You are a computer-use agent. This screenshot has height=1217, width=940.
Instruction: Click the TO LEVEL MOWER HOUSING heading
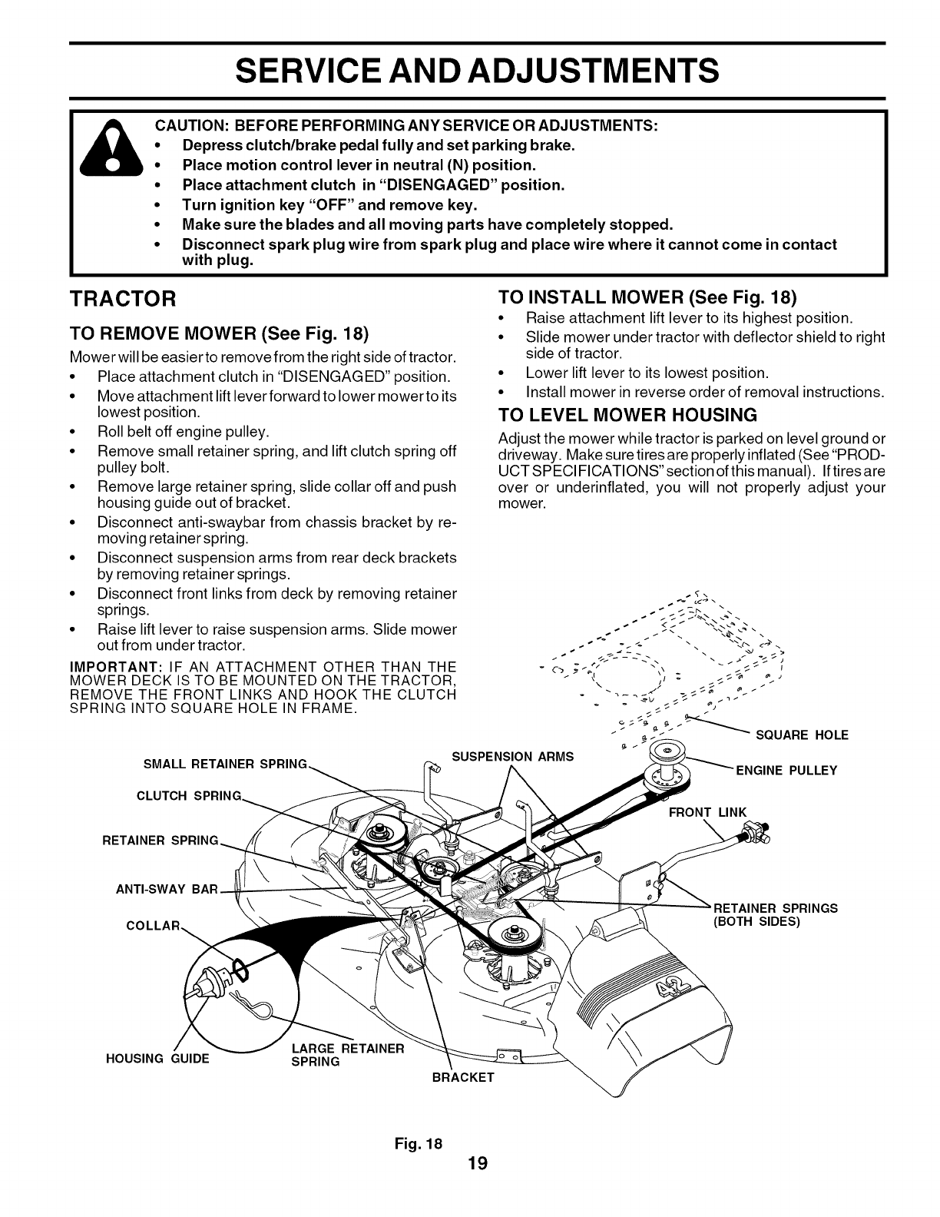coord(627,416)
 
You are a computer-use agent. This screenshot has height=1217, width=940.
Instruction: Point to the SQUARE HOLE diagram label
coord(802,735)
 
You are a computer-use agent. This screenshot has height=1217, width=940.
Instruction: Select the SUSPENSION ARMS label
coord(512,757)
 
